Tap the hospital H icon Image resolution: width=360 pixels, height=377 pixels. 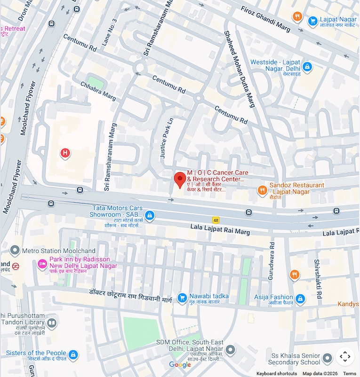click(65, 153)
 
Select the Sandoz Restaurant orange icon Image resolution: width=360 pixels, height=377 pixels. click(263, 190)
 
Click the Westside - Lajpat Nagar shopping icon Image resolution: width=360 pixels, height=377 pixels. click(307, 67)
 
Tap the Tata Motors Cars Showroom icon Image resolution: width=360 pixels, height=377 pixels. click(150, 216)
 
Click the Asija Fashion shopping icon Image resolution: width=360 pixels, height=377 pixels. click(300, 298)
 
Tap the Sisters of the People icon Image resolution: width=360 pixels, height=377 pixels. click(73, 354)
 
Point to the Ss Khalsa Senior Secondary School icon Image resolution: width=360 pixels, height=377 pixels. click(328, 358)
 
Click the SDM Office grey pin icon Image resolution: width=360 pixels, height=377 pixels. click(230, 350)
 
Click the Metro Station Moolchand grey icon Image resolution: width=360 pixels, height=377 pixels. click(15, 251)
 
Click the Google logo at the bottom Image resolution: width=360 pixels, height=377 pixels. click(180, 365)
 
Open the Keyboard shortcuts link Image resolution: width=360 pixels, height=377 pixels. click(277, 373)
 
